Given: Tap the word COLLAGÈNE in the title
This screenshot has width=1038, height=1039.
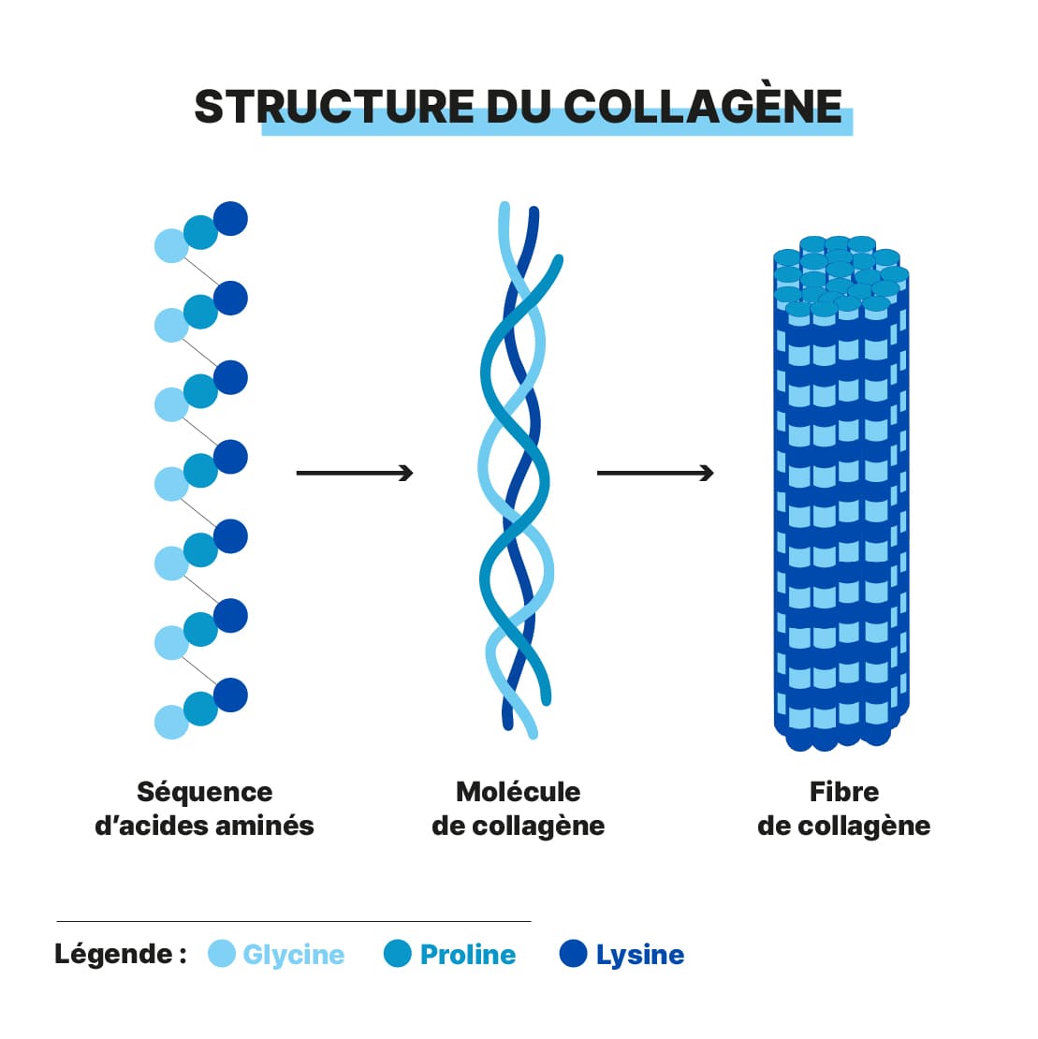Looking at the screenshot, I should click(x=703, y=107).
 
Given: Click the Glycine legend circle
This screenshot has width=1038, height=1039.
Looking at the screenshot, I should click(x=222, y=954).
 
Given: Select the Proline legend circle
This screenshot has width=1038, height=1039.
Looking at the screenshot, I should click(x=398, y=954).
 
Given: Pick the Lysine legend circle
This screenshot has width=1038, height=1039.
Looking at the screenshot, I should click(x=573, y=954).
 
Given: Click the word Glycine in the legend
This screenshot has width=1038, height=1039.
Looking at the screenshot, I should click(x=294, y=955).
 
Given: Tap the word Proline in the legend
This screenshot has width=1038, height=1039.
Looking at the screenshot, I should click(x=468, y=955).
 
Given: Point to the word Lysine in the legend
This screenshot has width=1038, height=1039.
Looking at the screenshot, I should click(x=640, y=955).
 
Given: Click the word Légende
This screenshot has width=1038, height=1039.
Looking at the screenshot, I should click(x=114, y=954).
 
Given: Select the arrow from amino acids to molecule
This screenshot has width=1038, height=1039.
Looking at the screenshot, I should click(x=355, y=473).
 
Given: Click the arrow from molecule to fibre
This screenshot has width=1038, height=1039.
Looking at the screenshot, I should click(x=655, y=473).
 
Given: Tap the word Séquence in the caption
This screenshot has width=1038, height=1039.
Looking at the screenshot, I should click(x=205, y=792).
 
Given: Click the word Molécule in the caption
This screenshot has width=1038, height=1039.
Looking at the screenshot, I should click(x=519, y=792).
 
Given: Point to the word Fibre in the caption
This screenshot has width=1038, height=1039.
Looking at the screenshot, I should click(x=844, y=792).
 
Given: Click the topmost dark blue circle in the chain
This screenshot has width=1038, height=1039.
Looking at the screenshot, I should click(x=230, y=219).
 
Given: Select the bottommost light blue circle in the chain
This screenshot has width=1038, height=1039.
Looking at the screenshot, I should click(x=171, y=723).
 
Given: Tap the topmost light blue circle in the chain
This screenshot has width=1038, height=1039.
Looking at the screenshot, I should click(x=171, y=246).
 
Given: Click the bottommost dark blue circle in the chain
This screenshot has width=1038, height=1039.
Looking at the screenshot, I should click(x=230, y=695).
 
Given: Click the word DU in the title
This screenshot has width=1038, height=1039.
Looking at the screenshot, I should click(x=519, y=107).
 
